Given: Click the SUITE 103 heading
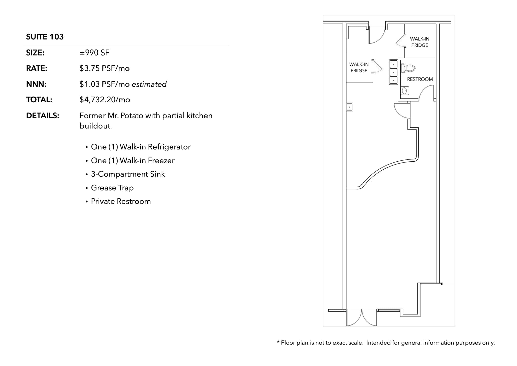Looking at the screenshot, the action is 45,37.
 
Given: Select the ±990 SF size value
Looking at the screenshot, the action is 94,53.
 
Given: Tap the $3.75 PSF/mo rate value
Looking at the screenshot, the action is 105,68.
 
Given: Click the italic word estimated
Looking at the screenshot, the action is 149,84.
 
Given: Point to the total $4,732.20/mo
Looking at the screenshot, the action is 105,100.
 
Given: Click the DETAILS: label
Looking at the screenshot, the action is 42,116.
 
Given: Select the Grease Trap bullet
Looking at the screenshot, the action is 112,188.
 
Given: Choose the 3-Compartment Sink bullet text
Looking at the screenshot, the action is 128,174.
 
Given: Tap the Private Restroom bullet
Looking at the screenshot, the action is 121,201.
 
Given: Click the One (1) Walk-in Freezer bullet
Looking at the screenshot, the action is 133,161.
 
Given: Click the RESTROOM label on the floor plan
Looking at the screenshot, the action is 420,79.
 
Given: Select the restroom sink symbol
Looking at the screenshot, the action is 405,91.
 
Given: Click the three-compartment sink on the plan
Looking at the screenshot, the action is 393,72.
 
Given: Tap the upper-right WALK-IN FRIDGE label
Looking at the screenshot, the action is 420,42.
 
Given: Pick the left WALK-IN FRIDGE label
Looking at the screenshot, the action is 359,68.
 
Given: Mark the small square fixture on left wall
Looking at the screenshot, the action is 350,107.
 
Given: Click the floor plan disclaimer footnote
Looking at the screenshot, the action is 386,343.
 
